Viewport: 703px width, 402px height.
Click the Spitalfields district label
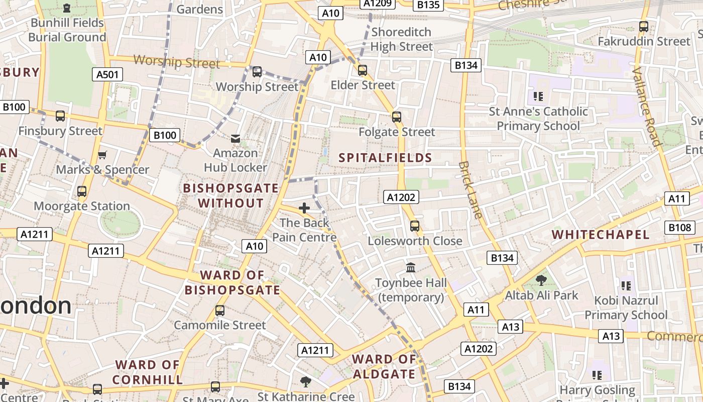click(385, 158)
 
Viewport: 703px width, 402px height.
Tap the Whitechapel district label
click(601, 235)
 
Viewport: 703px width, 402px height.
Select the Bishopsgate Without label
click(230, 195)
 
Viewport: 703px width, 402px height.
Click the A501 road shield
click(107, 75)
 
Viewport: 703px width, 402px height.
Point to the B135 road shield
click(428, 5)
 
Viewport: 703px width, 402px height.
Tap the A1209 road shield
click(378, 4)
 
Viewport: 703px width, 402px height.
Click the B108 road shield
click(680, 228)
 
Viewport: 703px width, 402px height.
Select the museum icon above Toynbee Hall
click(411, 267)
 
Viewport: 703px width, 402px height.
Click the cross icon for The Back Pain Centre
click(304, 208)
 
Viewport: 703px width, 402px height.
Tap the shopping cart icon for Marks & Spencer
click(102, 155)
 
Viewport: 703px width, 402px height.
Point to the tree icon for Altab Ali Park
click(541, 280)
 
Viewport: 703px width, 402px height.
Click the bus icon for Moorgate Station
click(82, 191)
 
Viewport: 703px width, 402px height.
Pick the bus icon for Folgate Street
click(397, 117)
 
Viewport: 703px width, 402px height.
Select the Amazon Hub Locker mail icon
click(235, 138)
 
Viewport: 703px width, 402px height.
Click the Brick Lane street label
click(471, 190)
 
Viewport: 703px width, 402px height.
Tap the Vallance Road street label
click(647, 106)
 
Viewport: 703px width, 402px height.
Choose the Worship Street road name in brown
click(177, 62)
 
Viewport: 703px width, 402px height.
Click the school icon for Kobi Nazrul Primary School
click(626, 286)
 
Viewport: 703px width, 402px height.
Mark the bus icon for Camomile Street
click(219, 311)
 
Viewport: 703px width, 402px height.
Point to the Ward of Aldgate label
click(384, 366)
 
